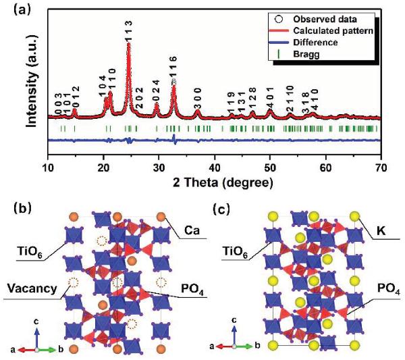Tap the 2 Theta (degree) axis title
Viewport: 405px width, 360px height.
[x=215, y=182]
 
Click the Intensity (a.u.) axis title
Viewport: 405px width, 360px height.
[x=30, y=85]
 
